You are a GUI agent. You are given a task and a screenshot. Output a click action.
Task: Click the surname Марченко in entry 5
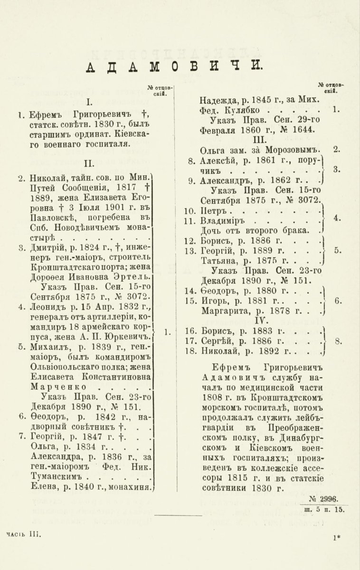click(54, 387)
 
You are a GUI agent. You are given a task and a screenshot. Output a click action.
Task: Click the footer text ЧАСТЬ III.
click(24, 534)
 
